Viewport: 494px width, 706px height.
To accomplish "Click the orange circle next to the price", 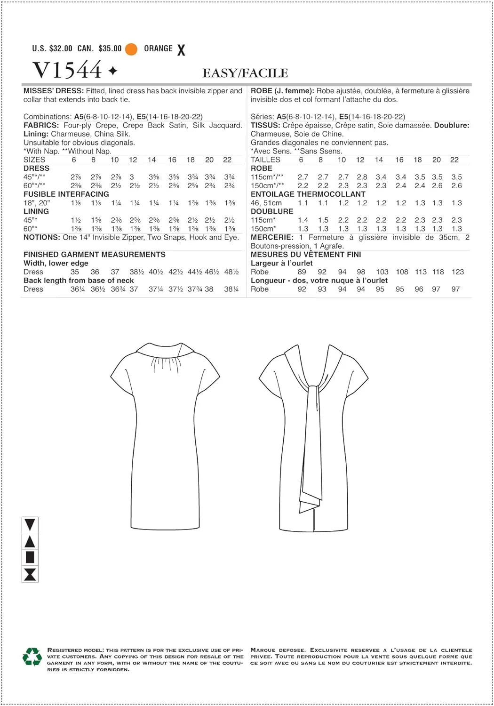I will (x=131, y=49).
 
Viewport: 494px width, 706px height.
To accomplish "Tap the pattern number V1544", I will (x=67, y=71).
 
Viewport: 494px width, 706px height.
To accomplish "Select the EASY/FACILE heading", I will (x=245, y=73).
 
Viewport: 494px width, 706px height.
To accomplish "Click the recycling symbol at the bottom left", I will (x=32, y=657).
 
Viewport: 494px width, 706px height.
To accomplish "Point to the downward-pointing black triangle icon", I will (x=30, y=524).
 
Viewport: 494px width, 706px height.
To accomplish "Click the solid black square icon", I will (x=30, y=557).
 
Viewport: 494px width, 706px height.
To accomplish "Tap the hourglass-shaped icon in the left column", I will (x=30, y=574).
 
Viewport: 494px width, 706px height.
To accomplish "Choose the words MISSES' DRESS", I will (x=53, y=91).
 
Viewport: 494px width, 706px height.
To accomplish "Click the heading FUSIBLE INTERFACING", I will (x=66, y=194).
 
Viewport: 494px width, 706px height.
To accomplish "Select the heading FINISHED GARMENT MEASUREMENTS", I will (x=94, y=254).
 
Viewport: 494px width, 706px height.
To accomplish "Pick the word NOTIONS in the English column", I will (x=41, y=237).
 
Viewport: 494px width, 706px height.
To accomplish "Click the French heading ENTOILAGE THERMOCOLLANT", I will (x=308, y=194).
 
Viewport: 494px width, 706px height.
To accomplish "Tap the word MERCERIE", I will (x=271, y=237).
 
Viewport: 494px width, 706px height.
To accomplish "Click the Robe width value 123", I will (x=457, y=272).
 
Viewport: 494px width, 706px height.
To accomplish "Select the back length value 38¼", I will (x=231, y=289).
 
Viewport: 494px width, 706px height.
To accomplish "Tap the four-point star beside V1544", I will (x=113, y=71).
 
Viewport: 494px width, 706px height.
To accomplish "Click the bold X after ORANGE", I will (x=181, y=50).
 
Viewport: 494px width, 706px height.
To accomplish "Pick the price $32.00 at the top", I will (x=61, y=48).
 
